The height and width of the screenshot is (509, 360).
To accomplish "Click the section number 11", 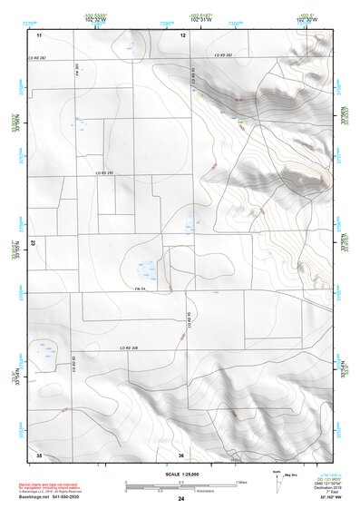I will coord(39,35).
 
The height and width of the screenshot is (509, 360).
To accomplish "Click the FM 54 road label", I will coord(141,289).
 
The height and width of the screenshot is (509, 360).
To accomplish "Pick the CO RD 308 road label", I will coord(128,348).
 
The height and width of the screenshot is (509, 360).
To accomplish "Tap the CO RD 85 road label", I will coord(73,366).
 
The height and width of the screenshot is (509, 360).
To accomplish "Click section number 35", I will coord(39,455).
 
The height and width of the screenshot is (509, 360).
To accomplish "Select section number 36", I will coord(181,455).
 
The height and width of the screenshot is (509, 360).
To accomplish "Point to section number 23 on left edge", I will coord(34,244).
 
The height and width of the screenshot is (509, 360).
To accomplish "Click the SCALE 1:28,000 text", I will coord(180,475).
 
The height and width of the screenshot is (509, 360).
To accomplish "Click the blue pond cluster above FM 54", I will coord(144,269).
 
